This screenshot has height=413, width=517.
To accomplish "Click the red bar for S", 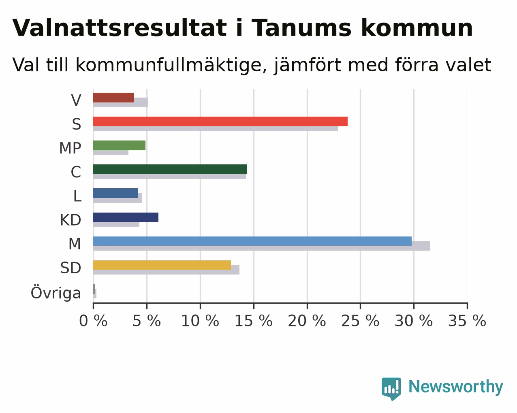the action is click(x=220, y=121).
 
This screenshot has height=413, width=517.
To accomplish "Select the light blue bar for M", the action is click(x=252, y=241).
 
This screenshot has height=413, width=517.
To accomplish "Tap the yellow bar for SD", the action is click(x=162, y=265).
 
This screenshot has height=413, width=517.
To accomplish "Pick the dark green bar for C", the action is click(x=170, y=169).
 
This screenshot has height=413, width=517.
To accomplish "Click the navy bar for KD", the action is click(x=126, y=217).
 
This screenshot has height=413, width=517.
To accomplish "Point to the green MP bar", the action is click(x=119, y=145).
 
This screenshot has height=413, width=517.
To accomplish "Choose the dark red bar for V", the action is click(x=113, y=98).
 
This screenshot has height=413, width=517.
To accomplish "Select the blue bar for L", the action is click(x=115, y=193).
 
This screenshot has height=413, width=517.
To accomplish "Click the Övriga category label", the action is click(x=56, y=293).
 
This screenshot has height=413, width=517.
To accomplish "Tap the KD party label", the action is click(x=70, y=220).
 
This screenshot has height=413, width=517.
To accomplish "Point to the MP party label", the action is click(x=70, y=148).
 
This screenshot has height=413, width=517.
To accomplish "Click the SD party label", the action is click(x=70, y=268).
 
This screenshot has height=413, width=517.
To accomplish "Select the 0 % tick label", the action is click(x=93, y=321).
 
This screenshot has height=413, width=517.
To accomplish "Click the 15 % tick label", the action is click(x=254, y=321).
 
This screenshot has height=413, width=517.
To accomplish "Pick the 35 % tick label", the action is click(x=467, y=321).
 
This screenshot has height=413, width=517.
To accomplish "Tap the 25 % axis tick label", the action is click(x=360, y=321).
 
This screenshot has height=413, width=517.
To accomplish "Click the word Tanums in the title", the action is click(x=302, y=28).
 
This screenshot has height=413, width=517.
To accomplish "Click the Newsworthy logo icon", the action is click(x=391, y=388).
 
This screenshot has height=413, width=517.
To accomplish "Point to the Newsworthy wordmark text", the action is click(x=456, y=387).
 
